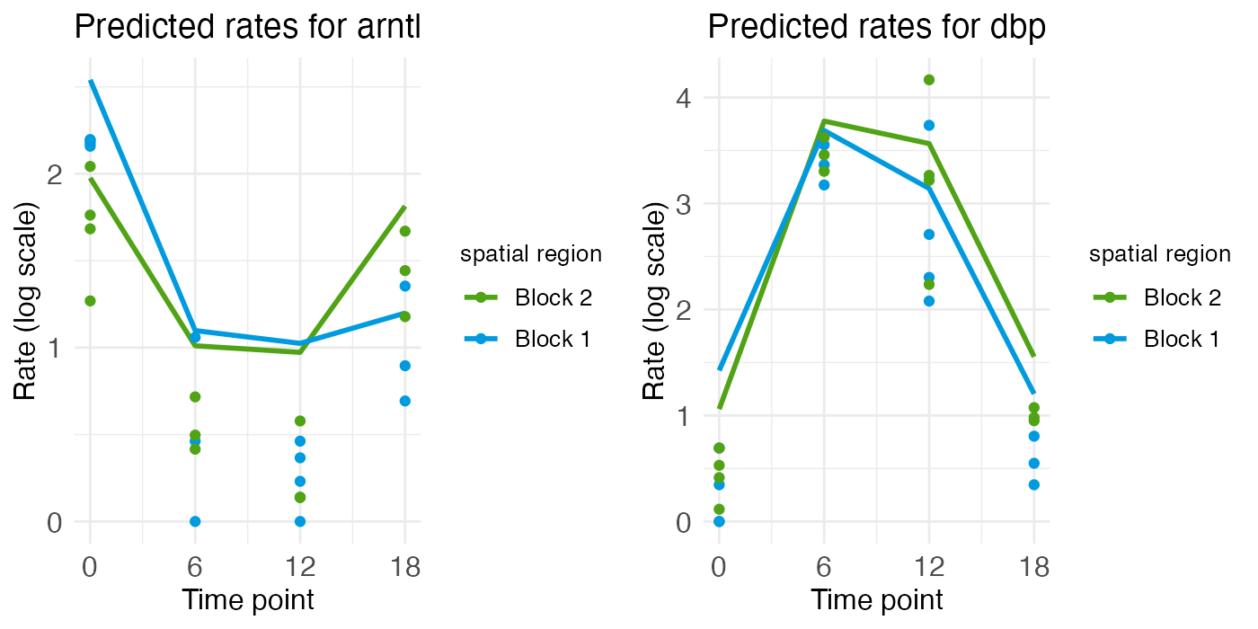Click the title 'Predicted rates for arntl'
click(x=247, y=28)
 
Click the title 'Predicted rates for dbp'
click(x=876, y=28)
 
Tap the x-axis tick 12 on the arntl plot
click(x=300, y=568)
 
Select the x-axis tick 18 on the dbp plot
click(x=1034, y=568)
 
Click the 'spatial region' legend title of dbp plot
click(x=1159, y=254)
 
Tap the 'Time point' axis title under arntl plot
click(x=248, y=599)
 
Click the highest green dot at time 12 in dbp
click(x=929, y=80)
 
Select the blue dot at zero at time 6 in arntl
click(x=195, y=521)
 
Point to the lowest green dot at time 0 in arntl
click(x=90, y=301)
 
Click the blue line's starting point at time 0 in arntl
click(x=90, y=81)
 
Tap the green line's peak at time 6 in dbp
click(x=824, y=120)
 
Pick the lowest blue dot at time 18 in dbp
click(x=1034, y=485)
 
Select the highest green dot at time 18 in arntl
click(x=405, y=231)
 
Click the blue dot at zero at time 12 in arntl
click(x=300, y=521)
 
